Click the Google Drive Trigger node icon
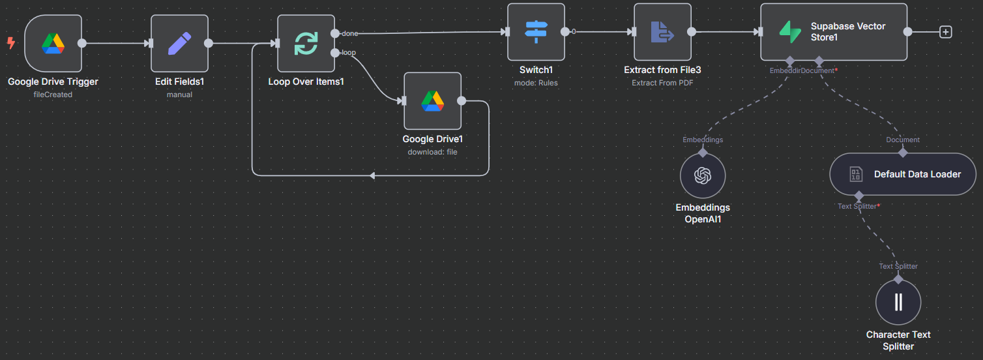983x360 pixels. (53, 44)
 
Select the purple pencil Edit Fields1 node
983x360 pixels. (179, 44)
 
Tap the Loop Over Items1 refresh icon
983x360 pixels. (306, 44)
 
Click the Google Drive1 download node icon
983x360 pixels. (433, 101)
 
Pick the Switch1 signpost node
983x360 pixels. (536, 32)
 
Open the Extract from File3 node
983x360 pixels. (663, 32)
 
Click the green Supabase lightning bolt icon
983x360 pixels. (790, 32)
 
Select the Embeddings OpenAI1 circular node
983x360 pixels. (703, 175)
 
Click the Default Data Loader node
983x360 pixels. (903, 174)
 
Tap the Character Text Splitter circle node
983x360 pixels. (898, 303)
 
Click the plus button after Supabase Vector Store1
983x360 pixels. (946, 32)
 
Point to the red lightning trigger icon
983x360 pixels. (11, 42)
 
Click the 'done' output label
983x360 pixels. (350, 33)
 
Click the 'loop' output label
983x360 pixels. (349, 53)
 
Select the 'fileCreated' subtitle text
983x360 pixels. (53, 95)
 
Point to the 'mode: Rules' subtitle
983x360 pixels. (536, 83)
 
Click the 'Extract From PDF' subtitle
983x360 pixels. (663, 83)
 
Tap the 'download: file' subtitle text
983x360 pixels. (433, 152)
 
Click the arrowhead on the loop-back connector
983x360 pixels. (372, 176)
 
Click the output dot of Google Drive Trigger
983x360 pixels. (82, 43)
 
